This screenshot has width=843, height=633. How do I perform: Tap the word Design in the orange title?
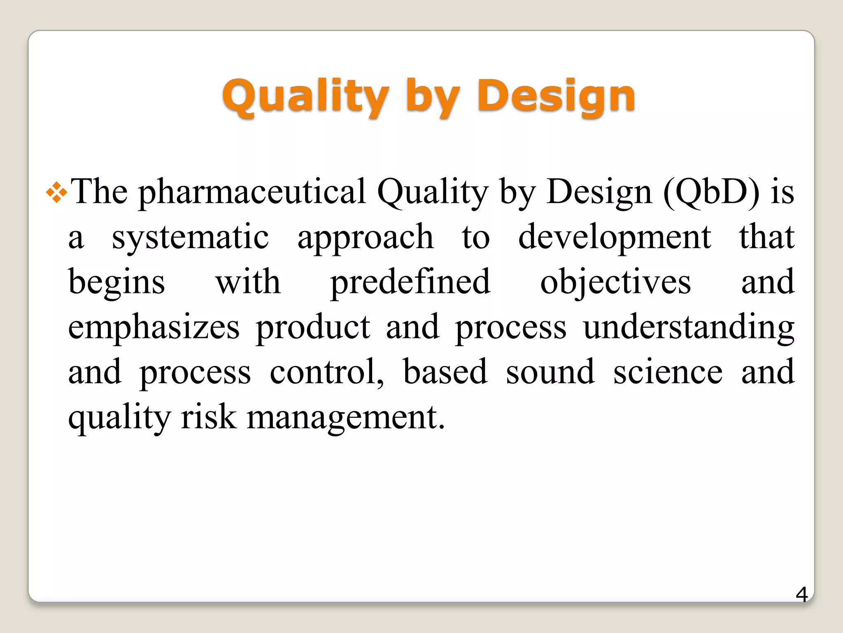click(x=556, y=97)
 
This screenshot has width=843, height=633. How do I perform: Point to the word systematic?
click(x=190, y=238)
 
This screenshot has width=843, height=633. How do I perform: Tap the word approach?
click(x=366, y=238)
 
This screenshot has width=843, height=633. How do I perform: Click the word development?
click(x=614, y=238)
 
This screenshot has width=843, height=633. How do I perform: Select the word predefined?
click(x=410, y=283)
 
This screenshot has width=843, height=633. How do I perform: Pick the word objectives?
click(x=615, y=283)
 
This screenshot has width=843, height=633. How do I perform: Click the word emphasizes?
click(x=154, y=328)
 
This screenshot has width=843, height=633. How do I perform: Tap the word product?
click(x=313, y=328)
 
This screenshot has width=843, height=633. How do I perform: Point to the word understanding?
click(x=689, y=328)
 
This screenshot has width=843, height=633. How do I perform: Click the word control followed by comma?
click(x=327, y=372)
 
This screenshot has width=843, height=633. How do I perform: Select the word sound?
click(x=550, y=372)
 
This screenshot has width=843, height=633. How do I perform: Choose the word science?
click(x=668, y=372)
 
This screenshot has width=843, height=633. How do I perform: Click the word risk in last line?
click(x=209, y=417)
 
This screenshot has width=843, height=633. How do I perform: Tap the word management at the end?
click(x=346, y=418)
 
